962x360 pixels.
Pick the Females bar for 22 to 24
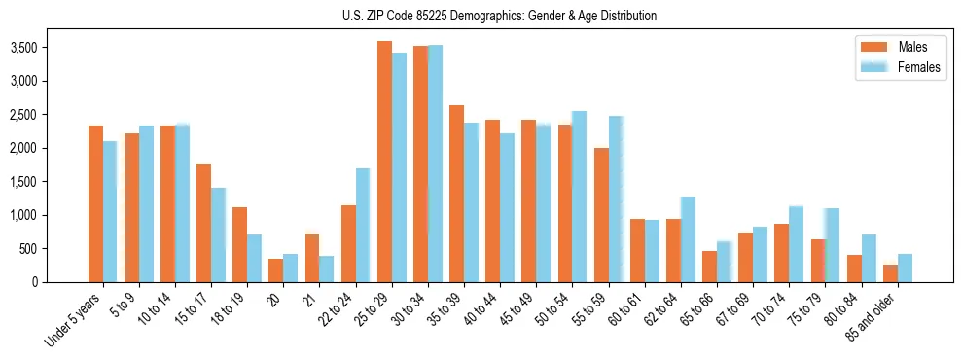click(x=363, y=225)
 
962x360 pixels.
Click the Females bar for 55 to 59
click(x=616, y=199)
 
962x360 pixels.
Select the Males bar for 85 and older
click(x=890, y=273)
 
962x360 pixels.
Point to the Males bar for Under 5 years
click(x=95, y=203)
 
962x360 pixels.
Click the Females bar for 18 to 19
click(x=254, y=258)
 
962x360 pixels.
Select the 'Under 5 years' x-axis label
click(x=76, y=322)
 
